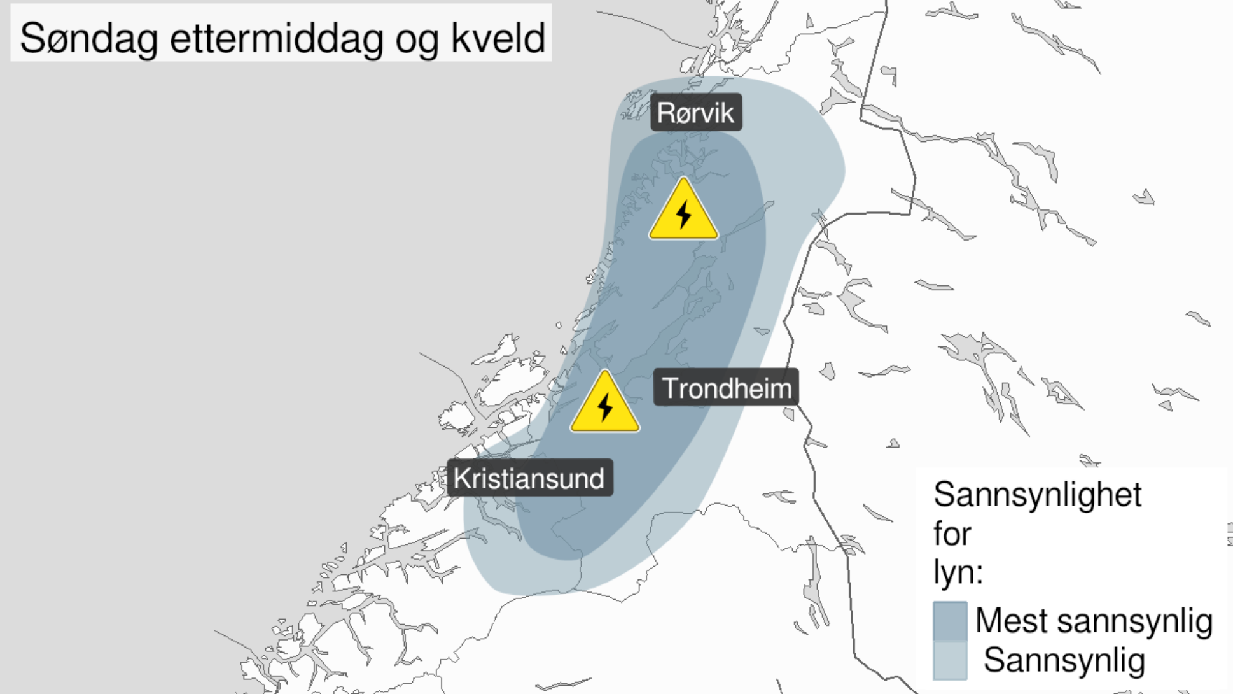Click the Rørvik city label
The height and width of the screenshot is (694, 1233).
point(695,113)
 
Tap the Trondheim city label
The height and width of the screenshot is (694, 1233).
point(726,388)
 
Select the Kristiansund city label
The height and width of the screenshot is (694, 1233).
point(529,478)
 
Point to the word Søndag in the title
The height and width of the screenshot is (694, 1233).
point(88,38)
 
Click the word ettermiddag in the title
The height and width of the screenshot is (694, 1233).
point(277,38)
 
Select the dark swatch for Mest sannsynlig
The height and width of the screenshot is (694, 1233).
point(950,620)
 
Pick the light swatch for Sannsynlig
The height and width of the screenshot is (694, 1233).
point(950,660)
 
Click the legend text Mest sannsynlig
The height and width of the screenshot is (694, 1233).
point(1094,620)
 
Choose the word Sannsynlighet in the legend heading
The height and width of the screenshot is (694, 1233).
point(1037,495)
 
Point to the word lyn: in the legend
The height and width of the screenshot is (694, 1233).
point(958,571)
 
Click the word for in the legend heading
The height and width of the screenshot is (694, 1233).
point(952,534)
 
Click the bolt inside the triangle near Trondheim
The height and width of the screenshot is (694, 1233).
point(605,406)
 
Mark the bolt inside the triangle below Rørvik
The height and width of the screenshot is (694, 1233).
point(684,215)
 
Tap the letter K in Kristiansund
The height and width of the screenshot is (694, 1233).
point(461,478)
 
